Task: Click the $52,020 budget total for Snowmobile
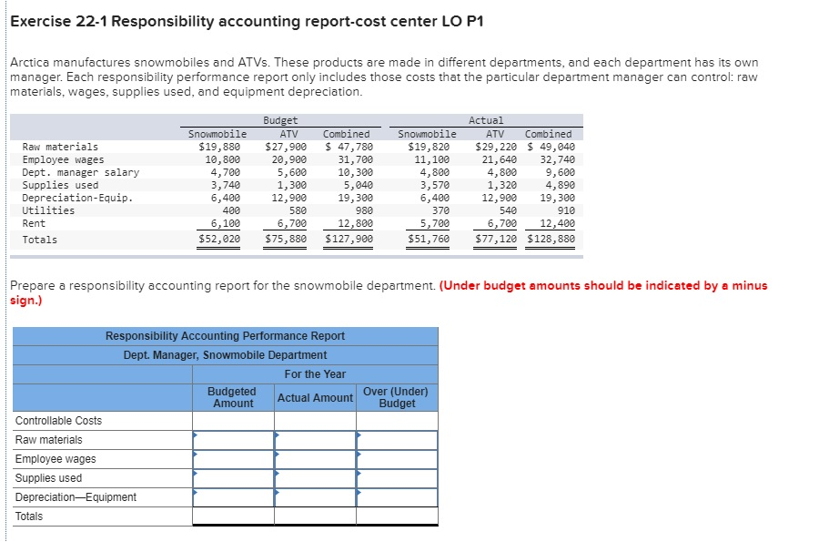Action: pos(219,240)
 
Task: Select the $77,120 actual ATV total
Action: pos(496,240)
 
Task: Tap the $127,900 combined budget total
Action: pos(349,240)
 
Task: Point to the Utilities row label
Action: pos(48,210)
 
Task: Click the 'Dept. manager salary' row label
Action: pos(80,172)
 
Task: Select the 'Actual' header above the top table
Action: pos(486,120)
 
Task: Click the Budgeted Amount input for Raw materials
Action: pos(233,440)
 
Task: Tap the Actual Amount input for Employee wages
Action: pos(315,459)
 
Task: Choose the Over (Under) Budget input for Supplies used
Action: pos(397,478)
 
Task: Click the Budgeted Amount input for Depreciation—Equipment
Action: pos(233,497)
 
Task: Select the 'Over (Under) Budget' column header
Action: pos(397,397)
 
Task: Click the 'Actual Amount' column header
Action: pos(315,398)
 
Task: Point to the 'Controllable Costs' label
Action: pos(58,421)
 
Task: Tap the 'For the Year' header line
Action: pos(315,374)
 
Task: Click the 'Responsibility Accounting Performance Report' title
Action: pos(225,336)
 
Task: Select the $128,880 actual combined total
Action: pos(551,240)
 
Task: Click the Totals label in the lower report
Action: pos(29,516)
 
